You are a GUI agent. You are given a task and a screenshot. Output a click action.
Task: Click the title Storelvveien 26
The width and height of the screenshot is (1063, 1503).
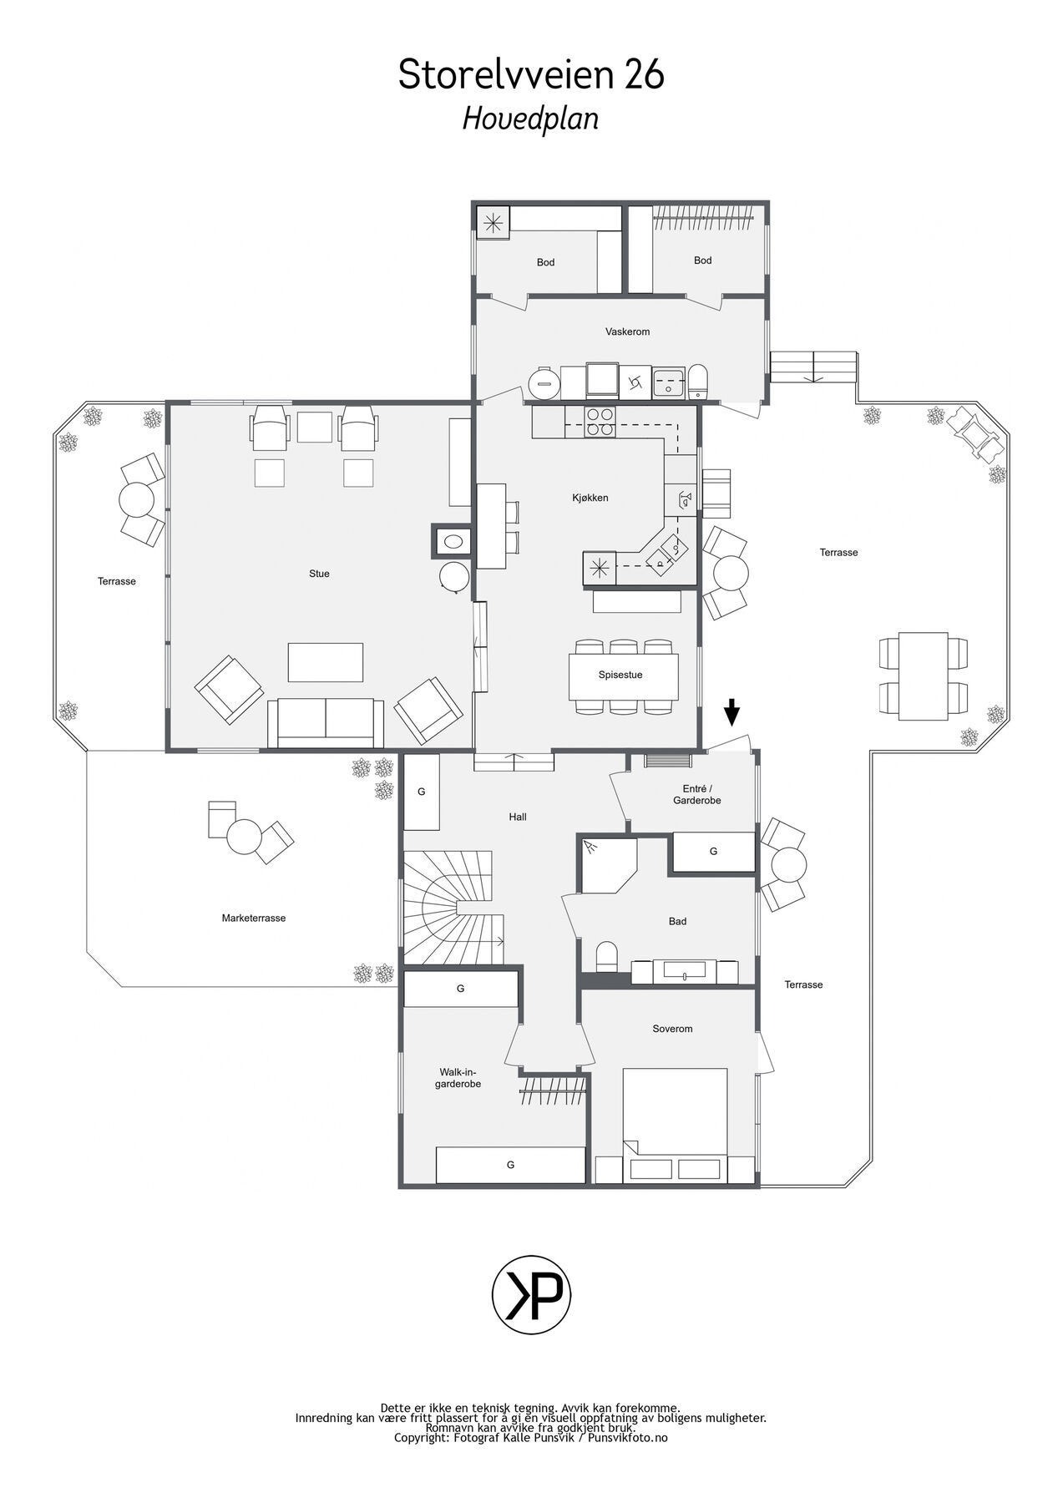point(531,75)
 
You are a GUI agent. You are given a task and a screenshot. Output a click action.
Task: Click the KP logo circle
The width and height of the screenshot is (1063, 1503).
point(531,1293)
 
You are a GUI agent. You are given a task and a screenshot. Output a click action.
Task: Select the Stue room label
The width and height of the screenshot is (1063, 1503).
point(319,574)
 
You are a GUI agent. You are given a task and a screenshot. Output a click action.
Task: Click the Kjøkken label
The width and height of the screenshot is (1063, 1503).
point(590,498)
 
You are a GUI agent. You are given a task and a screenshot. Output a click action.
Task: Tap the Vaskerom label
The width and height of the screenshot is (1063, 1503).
point(627,331)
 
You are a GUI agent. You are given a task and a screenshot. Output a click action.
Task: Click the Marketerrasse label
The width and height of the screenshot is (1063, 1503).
point(254,918)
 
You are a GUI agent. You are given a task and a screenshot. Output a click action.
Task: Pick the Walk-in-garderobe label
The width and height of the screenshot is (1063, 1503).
point(460,1078)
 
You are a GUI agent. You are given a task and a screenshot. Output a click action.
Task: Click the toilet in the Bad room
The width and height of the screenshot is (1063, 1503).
point(607,957)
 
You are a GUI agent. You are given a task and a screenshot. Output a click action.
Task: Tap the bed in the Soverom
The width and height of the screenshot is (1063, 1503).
point(675,1123)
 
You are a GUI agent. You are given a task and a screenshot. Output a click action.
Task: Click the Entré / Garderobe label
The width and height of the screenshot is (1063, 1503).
point(696,794)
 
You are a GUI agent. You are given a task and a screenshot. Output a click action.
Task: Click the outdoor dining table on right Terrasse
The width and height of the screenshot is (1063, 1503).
point(923,675)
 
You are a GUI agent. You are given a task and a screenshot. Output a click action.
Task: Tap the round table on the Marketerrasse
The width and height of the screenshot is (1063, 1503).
point(246,836)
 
